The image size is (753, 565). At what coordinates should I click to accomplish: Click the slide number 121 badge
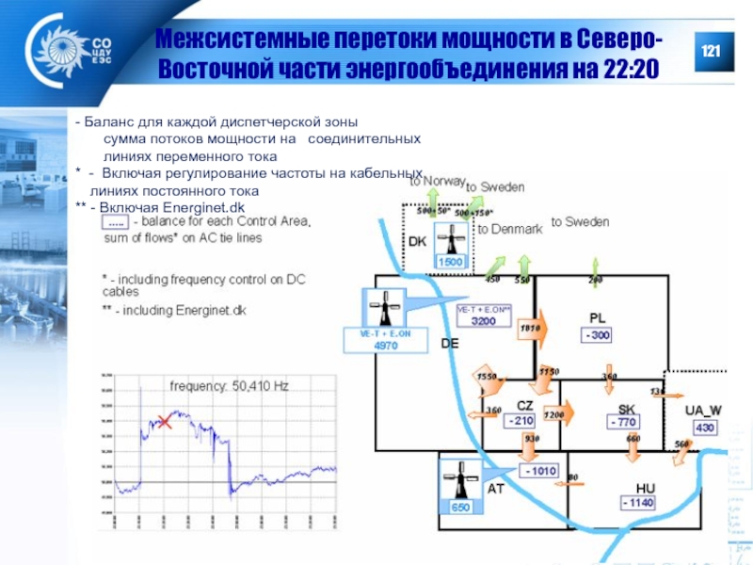pos(708,49)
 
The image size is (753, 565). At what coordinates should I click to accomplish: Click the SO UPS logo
pos(71,52)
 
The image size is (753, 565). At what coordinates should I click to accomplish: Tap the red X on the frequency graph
pos(165,421)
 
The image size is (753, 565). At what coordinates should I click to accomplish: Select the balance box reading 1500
pos(451,262)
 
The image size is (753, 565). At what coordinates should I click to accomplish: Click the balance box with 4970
pos(386,346)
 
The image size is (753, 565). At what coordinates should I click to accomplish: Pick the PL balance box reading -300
pos(598,335)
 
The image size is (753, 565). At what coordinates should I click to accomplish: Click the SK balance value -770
pos(623,423)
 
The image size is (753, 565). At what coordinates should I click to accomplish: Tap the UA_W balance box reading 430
pos(704,428)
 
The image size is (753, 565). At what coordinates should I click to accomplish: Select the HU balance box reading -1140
pos(637,503)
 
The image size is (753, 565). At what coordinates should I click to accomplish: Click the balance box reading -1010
pos(541,470)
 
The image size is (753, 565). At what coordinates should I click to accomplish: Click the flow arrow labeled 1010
pos(532,329)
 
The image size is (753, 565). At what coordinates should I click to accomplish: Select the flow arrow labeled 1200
pos(555,413)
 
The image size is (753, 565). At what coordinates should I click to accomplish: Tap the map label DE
pos(450,344)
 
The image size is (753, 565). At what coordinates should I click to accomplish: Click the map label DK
pos(417,241)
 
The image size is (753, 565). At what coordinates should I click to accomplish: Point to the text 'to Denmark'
pos(509,229)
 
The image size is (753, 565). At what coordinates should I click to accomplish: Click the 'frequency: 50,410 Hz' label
pos(229,386)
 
